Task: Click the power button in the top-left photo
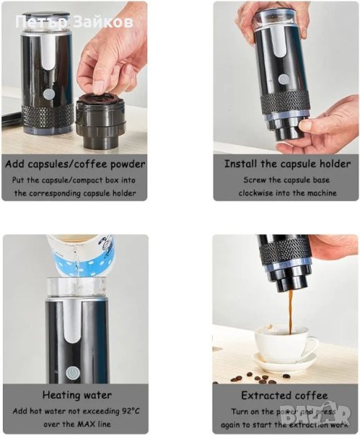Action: [49, 94]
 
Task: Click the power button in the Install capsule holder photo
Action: [283, 79]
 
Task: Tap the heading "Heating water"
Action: [77, 395]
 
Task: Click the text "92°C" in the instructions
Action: [131, 411]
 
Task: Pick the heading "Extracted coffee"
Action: [285, 395]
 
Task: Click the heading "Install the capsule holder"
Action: [287, 164]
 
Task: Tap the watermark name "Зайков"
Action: [104, 22]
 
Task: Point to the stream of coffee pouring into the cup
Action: [290, 312]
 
